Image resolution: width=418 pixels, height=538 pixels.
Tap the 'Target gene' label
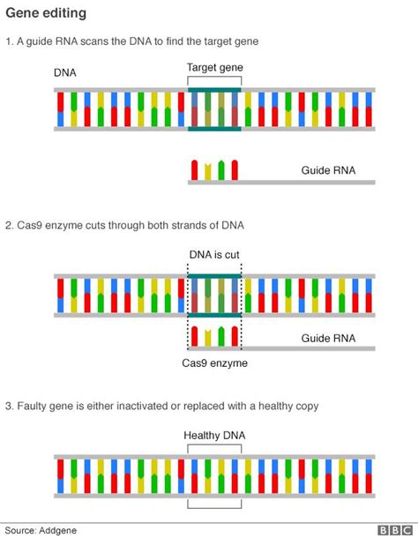click(x=214, y=67)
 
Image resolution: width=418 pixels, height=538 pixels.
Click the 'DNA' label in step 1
click(x=65, y=73)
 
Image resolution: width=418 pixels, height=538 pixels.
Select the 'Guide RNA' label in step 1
click(x=329, y=170)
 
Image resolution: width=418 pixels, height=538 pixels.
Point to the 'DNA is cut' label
click(x=214, y=255)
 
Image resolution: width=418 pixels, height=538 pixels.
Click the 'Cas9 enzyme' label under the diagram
click(x=214, y=362)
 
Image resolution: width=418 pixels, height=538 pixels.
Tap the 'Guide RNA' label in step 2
click(x=329, y=337)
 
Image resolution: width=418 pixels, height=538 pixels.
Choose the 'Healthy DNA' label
click(x=214, y=436)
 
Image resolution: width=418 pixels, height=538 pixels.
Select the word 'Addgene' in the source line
click(x=59, y=529)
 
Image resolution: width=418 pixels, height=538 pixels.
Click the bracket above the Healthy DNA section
click(x=214, y=446)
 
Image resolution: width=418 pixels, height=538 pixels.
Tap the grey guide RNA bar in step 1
click(x=282, y=183)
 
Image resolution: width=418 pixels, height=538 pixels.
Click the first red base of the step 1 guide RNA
click(x=195, y=169)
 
